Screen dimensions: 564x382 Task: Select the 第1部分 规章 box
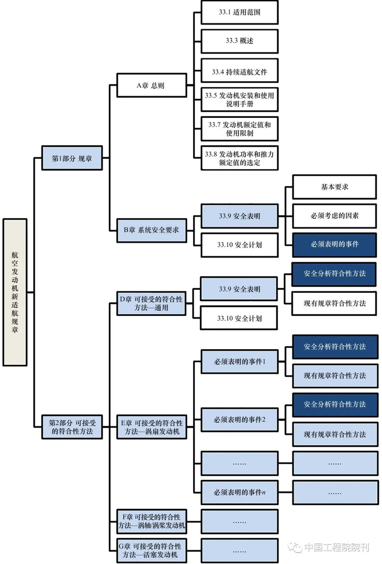click(71, 158)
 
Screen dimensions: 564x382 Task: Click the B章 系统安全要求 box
click(151, 230)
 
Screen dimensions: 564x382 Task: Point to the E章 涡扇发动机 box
click(151, 427)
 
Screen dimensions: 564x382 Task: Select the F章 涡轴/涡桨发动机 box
click(151, 521)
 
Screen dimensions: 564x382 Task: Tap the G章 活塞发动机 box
click(151, 550)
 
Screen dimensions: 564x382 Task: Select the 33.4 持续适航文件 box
click(240, 71)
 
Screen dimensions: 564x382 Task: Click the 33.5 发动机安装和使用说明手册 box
click(240, 100)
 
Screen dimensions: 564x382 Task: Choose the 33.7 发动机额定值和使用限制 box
click(240, 129)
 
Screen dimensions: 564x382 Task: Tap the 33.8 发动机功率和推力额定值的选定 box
click(240, 158)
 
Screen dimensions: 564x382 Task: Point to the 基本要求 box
click(335, 187)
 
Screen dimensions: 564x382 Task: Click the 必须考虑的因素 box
click(335, 216)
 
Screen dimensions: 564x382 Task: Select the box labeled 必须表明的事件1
click(240, 361)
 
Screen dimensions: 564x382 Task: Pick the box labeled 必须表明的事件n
click(240, 493)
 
